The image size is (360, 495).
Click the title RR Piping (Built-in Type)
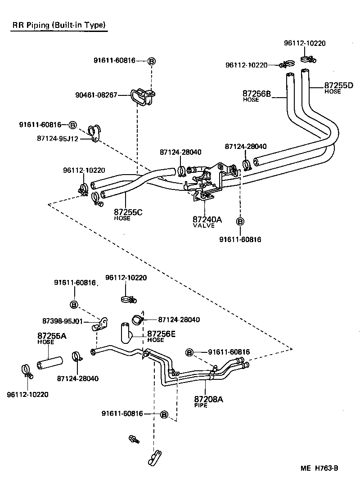59,26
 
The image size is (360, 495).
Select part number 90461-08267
96,95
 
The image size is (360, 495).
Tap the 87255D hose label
339,86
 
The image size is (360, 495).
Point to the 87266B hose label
256,94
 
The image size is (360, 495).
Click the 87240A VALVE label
207,221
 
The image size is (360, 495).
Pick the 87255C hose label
128,213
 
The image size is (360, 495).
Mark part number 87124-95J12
58,139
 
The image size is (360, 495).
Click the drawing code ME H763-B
319,468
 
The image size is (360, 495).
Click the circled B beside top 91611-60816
152,61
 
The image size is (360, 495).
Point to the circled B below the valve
240,221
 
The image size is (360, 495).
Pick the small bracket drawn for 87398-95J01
101,323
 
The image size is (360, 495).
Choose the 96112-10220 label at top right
305,43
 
